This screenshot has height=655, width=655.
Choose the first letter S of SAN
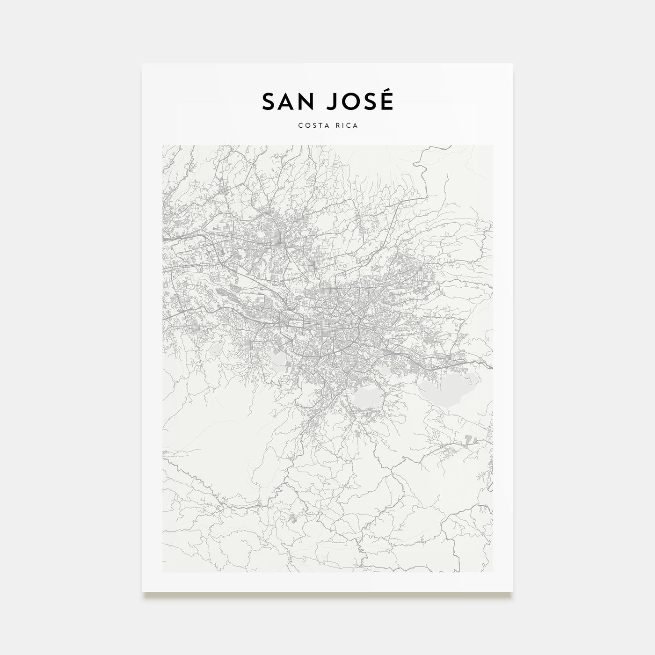(x=269, y=102)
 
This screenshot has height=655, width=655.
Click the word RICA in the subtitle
(x=347, y=125)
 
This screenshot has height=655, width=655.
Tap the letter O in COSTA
(x=305, y=125)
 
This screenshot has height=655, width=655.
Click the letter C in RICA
(x=349, y=125)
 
